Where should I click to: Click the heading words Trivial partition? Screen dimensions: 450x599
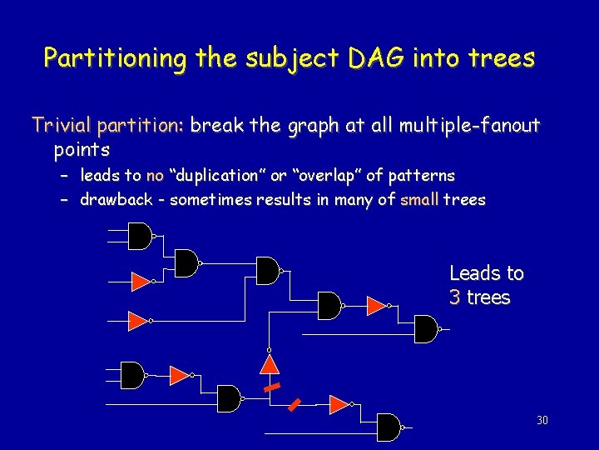point(107,126)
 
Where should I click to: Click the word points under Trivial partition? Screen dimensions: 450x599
point(82,150)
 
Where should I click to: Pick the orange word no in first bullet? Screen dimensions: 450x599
point(155,176)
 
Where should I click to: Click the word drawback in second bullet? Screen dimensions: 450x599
point(116,200)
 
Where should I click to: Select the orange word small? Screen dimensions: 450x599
point(419,200)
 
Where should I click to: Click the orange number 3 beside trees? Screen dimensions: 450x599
point(455,297)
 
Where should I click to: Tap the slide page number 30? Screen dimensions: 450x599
point(542,420)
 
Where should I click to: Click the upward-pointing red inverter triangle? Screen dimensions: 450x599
point(269,364)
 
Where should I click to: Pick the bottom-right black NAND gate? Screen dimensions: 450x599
point(389,427)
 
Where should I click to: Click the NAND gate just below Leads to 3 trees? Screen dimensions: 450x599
point(427,329)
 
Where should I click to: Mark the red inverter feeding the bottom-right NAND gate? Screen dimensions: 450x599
point(338,404)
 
